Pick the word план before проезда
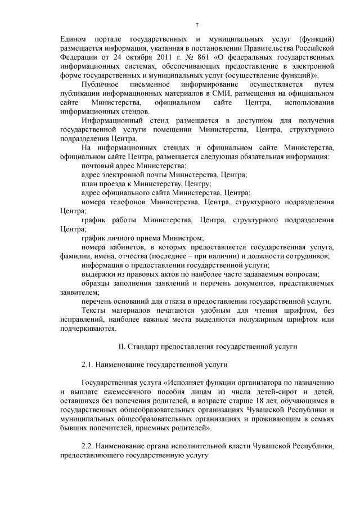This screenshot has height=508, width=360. [x=90, y=184]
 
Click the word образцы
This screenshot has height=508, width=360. [x=98, y=284]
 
